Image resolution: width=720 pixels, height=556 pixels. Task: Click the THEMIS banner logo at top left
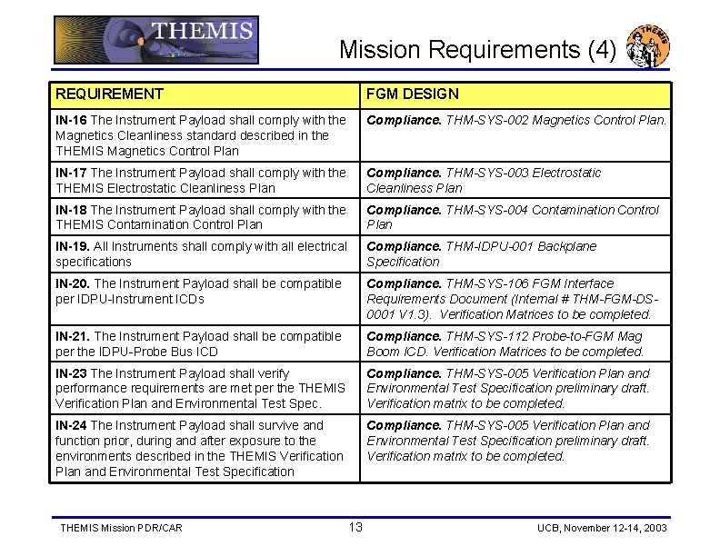point(155,40)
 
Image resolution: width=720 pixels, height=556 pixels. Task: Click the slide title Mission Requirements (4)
point(478,49)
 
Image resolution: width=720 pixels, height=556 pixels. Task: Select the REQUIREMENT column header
point(109,94)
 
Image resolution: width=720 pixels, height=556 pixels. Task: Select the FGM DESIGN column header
point(413,94)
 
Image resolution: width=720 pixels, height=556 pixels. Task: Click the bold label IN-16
point(71,120)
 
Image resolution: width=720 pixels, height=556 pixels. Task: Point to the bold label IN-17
point(71,173)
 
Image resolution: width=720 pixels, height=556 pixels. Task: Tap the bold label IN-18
point(71,210)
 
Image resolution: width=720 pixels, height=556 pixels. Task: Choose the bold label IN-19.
point(73,246)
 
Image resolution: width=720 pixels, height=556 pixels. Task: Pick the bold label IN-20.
point(73,283)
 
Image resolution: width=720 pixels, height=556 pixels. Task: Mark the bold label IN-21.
point(73,336)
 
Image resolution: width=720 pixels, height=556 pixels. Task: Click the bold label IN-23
point(71,373)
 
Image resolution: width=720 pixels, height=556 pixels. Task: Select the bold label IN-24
point(71,425)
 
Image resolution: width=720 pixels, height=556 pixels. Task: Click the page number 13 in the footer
point(355,527)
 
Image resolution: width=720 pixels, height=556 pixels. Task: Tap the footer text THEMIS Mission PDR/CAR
point(121,528)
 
